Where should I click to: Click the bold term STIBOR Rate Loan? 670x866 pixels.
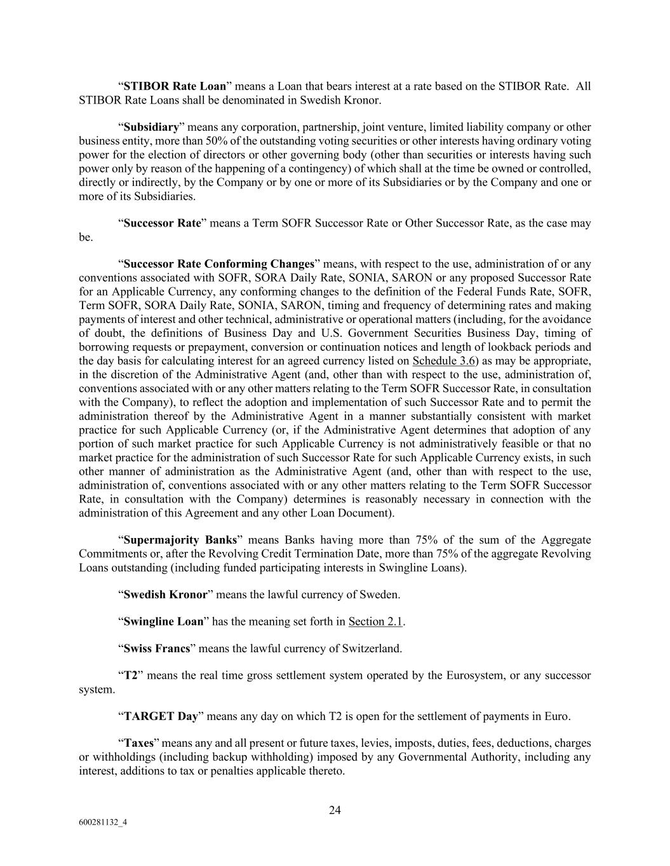click(175, 86)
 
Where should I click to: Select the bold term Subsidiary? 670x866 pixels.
click(151, 127)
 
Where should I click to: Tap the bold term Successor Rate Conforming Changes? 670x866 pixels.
click(219, 264)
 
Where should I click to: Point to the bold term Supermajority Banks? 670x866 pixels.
click(180, 540)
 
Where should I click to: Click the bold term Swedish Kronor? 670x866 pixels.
click(165, 594)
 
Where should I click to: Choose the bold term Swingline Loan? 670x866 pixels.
click(163, 622)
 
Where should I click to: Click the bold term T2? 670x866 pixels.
click(130, 676)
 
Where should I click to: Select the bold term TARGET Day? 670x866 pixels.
click(161, 717)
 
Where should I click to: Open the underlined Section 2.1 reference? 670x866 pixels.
click(375, 622)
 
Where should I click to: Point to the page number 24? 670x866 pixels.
click(335, 810)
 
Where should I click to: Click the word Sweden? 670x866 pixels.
click(382, 594)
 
